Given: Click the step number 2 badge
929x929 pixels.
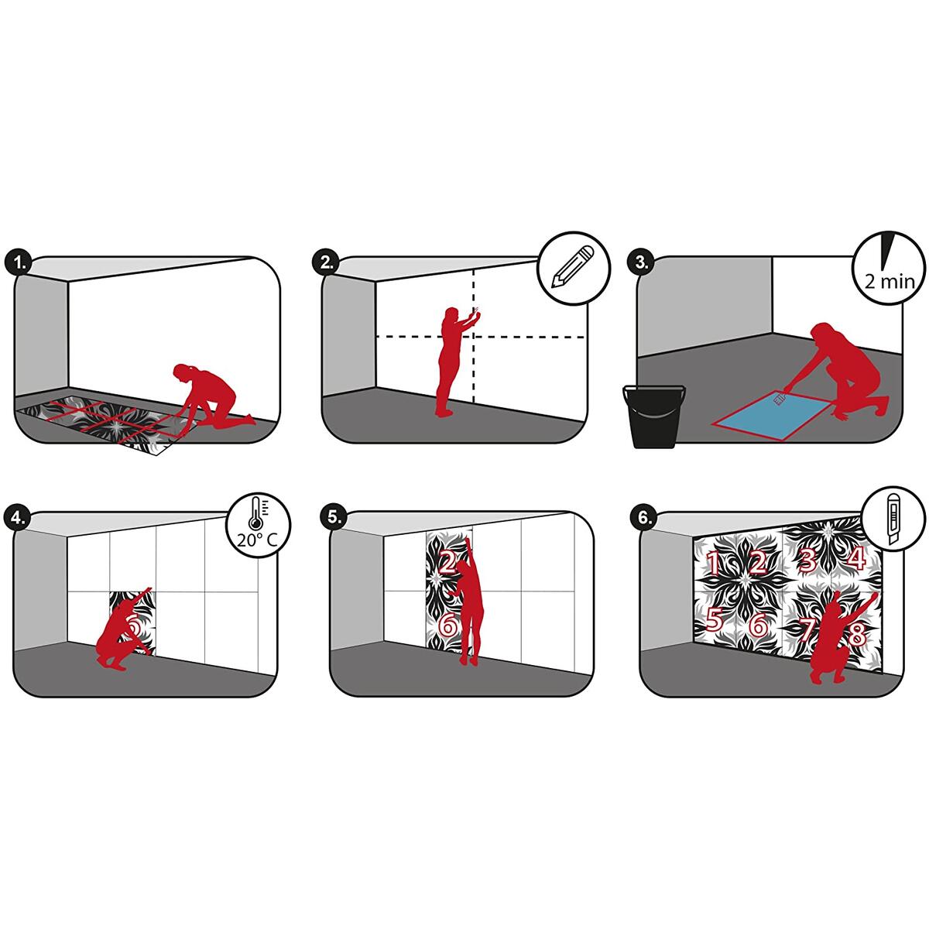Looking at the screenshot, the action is point(327,262).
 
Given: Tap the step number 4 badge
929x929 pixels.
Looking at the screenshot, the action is point(16,518).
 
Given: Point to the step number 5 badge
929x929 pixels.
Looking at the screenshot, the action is point(333,517).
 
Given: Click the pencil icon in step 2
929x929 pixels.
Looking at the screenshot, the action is point(573,267).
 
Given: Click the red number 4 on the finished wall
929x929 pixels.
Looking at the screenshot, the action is point(855,558).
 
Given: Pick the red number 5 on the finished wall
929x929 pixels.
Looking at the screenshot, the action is point(714,620).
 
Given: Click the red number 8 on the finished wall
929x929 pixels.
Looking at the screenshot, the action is point(857,634).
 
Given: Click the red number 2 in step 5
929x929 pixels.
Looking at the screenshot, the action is point(447,562).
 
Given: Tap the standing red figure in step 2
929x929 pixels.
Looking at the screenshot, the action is point(455,362).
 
